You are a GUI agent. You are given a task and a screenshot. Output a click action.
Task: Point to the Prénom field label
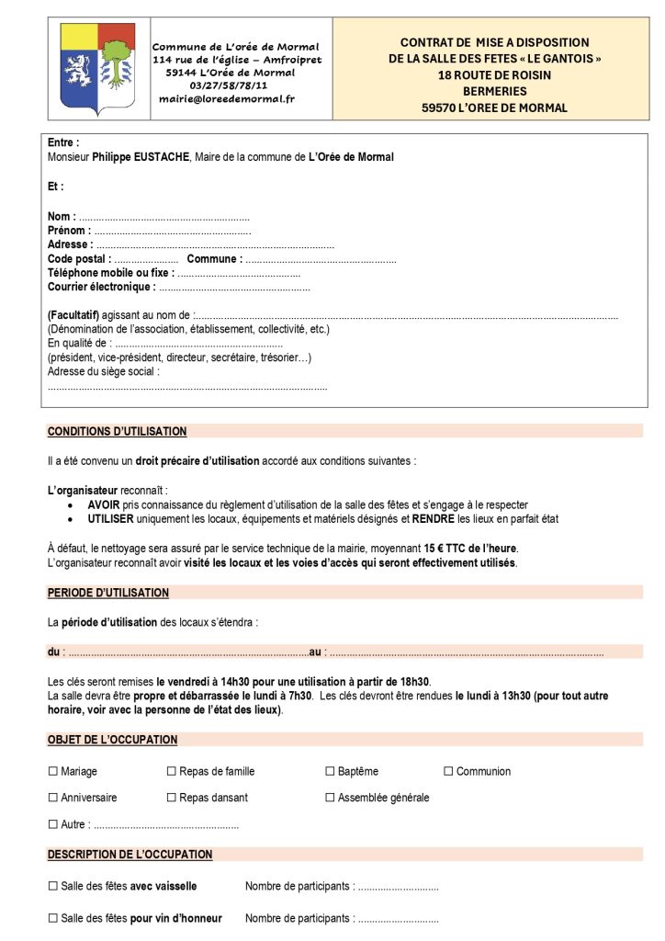[69, 231]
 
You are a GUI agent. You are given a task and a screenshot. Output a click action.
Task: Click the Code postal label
[78, 259]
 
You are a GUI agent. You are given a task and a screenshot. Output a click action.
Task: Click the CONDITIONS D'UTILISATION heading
[117, 431]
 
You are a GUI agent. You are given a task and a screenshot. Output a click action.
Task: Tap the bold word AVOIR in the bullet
[104, 505]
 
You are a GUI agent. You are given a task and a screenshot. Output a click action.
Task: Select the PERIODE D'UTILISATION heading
[108, 593]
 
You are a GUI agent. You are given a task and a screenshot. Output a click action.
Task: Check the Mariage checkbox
[53, 771]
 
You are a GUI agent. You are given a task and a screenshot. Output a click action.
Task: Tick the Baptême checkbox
[330, 771]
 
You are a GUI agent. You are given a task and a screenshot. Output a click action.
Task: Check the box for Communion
[448, 771]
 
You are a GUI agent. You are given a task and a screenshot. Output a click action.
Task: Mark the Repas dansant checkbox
[171, 798]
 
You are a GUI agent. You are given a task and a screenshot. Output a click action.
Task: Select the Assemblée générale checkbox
[330, 798]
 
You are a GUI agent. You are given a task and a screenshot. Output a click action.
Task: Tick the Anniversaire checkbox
[53, 798]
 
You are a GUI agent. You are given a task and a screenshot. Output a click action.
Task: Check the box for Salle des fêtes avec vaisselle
[53, 886]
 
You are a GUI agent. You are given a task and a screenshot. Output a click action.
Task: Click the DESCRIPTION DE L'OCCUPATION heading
[130, 855]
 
